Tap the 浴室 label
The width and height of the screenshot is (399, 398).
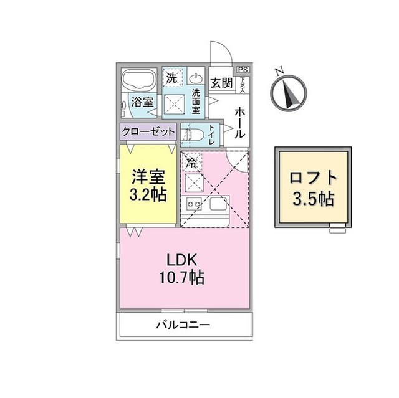point(143,102)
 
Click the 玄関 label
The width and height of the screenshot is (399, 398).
point(221,82)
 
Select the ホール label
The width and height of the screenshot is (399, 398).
point(240,122)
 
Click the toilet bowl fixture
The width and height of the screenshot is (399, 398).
point(193,135)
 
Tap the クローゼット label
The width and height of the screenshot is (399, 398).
point(148,131)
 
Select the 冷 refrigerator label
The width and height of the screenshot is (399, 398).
point(191,162)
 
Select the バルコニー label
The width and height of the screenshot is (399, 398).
point(183,325)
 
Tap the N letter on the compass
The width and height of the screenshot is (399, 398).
point(281,71)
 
